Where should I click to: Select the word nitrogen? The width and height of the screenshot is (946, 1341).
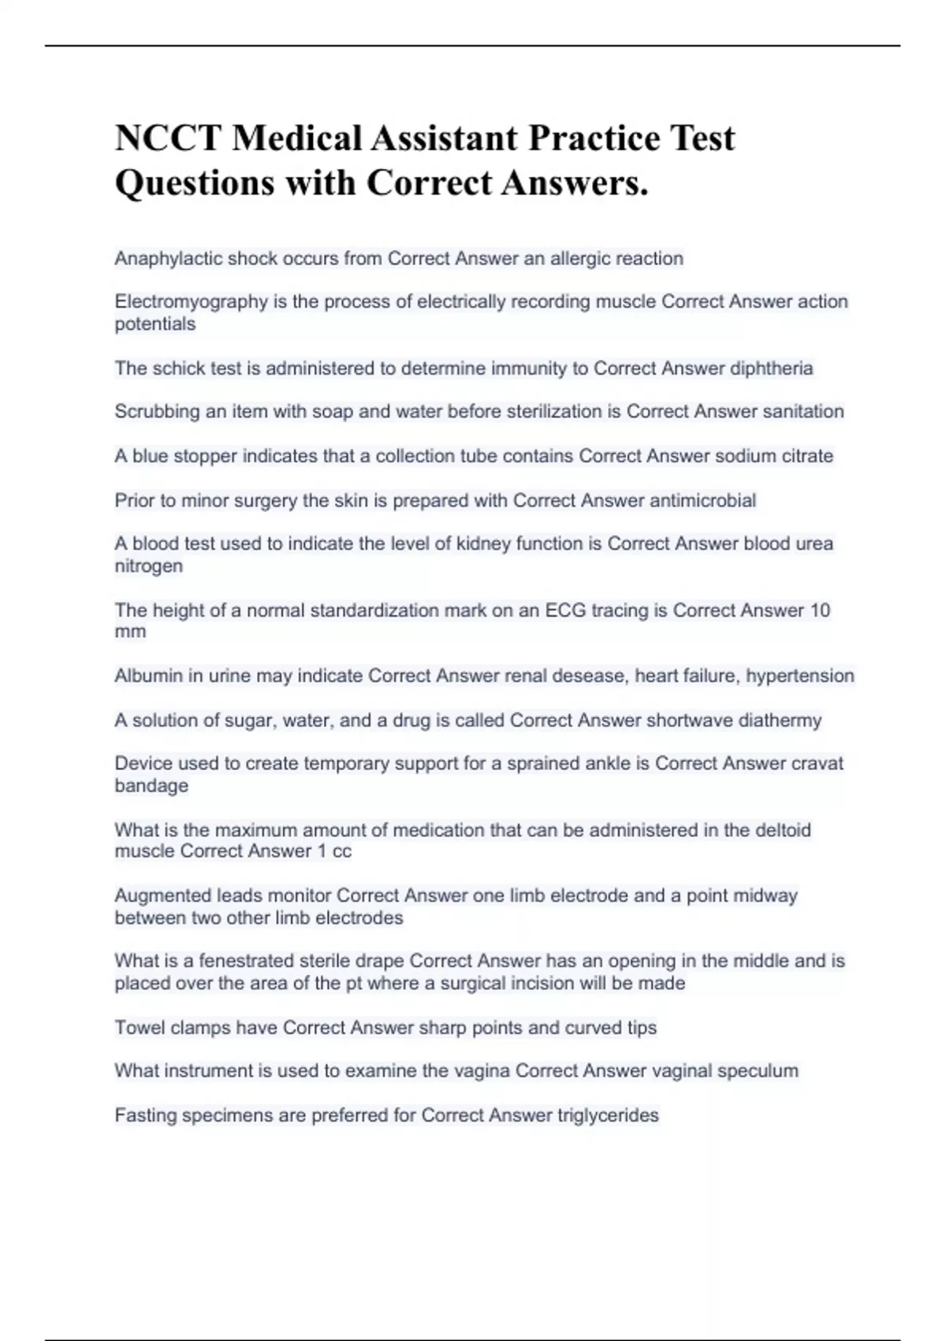pos(148,566)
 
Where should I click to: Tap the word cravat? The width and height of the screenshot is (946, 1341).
pos(818,764)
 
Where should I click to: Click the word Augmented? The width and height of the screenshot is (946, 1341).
pos(163,896)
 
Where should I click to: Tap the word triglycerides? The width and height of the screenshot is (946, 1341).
pos(608,1115)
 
